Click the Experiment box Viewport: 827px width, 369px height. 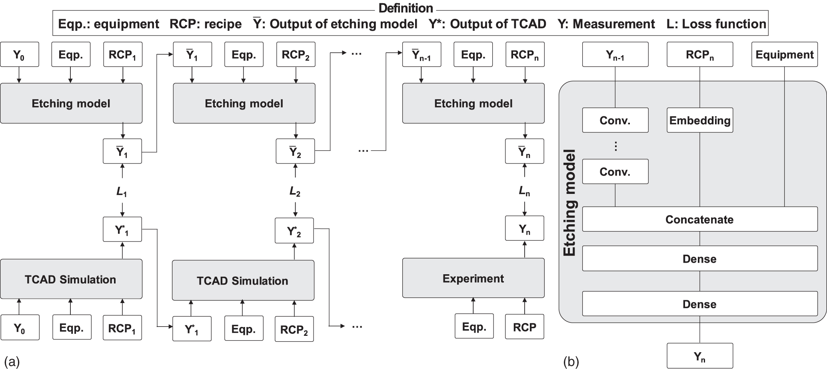473,278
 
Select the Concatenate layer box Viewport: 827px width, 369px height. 699,219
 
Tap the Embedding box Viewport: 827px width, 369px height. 699,120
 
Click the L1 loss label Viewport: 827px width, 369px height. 122,192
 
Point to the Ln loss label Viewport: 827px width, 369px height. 524,192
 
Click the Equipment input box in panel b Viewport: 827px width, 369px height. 784,55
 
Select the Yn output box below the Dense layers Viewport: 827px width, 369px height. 699,356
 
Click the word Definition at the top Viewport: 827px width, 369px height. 406,8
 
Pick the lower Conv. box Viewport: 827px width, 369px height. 615,172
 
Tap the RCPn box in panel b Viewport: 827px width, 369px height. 699,55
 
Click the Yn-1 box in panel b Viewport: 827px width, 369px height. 615,55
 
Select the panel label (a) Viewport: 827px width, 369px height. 11,361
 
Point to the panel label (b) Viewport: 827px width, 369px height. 571,361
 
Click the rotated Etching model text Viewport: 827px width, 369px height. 569,203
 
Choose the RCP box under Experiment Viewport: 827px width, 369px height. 524,327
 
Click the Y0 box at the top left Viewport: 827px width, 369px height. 20,55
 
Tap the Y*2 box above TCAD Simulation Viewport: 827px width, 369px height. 294,231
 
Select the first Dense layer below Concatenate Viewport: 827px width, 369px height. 699,259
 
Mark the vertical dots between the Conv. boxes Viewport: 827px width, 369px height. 615,146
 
